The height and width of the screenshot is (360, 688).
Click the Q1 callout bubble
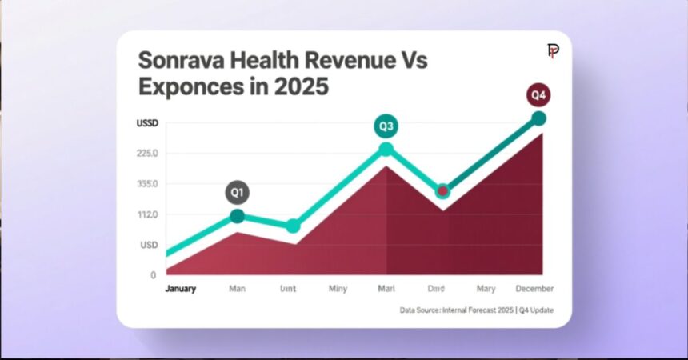pyautogui.click(x=237, y=193)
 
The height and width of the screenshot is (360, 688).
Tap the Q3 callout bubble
pyautogui.click(x=386, y=126)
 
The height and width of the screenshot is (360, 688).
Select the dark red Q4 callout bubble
pyautogui.click(x=539, y=95)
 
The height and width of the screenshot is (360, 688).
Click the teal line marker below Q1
pyautogui.click(x=238, y=216)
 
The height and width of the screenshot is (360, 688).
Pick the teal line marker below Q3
pyautogui.click(x=386, y=150)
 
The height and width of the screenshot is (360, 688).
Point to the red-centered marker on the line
pyautogui.click(x=442, y=191)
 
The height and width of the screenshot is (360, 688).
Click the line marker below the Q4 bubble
pyautogui.click(x=539, y=118)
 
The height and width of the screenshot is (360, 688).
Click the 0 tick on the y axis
pyautogui.click(x=153, y=275)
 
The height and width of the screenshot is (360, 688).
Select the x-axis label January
pyautogui.click(x=180, y=289)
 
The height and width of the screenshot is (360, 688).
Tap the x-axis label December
pyautogui.click(x=534, y=289)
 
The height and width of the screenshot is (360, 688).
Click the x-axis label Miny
pyautogui.click(x=338, y=289)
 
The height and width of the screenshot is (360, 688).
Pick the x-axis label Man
pyautogui.click(x=238, y=289)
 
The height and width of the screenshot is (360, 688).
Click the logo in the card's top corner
pyautogui.click(x=553, y=51)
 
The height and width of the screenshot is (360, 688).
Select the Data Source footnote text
pyautogui.click(x=476, y=310)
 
